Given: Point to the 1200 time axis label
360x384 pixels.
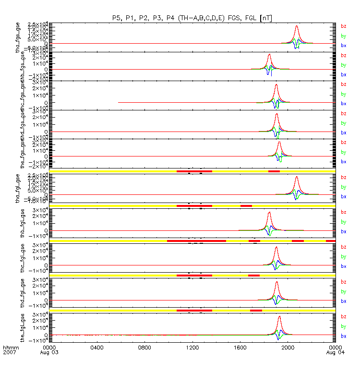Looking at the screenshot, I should pos(192,347).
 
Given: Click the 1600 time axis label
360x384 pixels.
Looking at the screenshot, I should pos(240,347).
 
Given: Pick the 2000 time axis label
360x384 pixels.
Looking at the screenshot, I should pos(288,347).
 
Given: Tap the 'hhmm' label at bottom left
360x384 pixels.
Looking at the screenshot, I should pos(10,347).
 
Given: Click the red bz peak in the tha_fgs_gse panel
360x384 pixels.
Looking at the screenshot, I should pos(297,26).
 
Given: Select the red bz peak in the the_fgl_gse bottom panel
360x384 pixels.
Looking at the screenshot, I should pos(279,316).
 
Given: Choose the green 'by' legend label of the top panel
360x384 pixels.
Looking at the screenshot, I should pos(343,36).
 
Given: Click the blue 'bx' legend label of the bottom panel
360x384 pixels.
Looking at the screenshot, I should pos(343,336).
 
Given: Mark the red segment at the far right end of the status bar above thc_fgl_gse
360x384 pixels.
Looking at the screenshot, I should pos(330,240).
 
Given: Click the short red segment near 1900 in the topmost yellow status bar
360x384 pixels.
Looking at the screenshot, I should pos(274,171).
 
